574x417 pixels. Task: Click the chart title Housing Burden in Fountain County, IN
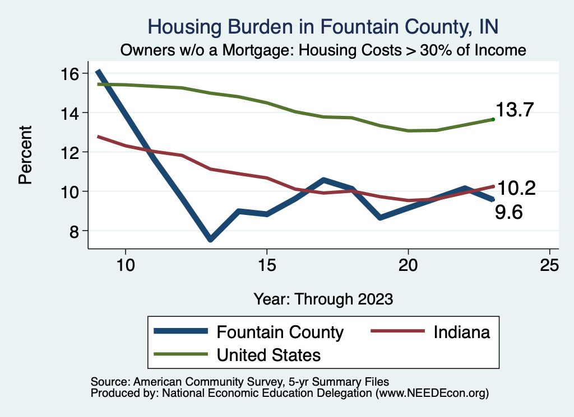coord(322,26)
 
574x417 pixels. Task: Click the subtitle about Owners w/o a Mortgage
coord(323,50)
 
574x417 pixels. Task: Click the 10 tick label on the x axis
coord(126,265)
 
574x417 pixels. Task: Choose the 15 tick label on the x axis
coord(267,265)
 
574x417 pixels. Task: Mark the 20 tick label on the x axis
coord(408,265)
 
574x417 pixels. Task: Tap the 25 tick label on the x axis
coord(549,265)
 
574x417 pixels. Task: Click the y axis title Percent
coord(25,162)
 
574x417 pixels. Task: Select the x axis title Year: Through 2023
coord(323,298)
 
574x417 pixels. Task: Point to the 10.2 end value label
coord(516,189)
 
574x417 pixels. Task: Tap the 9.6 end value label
coord(508,212)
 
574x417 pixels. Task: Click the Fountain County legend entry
coord(280,332)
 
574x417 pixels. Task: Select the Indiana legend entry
coord(461,332)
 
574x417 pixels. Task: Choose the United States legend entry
coord(269,355)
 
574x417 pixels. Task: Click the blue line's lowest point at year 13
coord(210,239)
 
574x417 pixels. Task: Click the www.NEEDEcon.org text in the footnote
coord(430,393)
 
